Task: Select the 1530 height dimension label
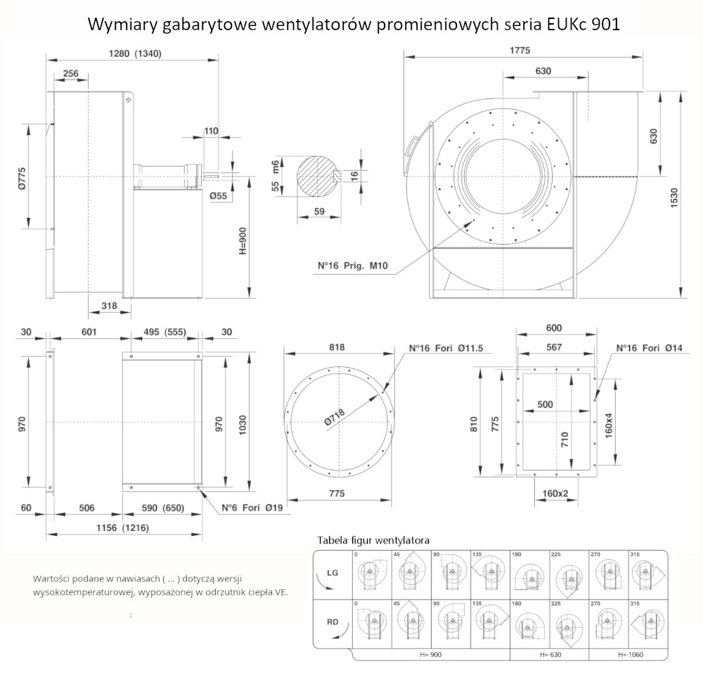coord(674,193)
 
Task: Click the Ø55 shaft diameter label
coord(219,196)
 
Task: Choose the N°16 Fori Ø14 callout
coord(649,348)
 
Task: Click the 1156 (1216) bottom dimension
coord(123,527)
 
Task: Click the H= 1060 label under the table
coord(628,655)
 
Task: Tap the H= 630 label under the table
coord(551,655)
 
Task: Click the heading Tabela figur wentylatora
coord(373,540)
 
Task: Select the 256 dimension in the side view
coord(70,72)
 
